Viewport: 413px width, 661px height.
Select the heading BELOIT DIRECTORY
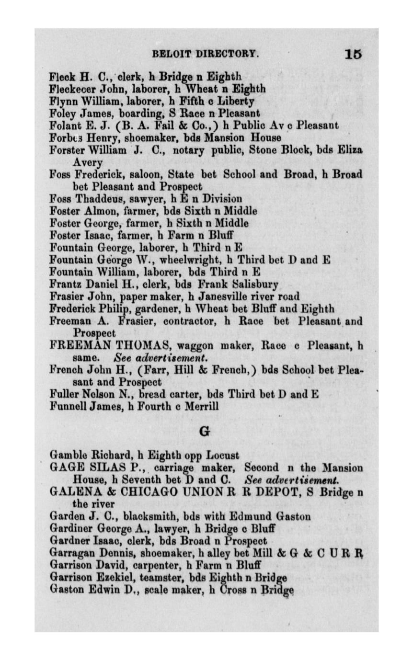click(x=206, y=54)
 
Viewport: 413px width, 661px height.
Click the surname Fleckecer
click(x=70, y=88)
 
